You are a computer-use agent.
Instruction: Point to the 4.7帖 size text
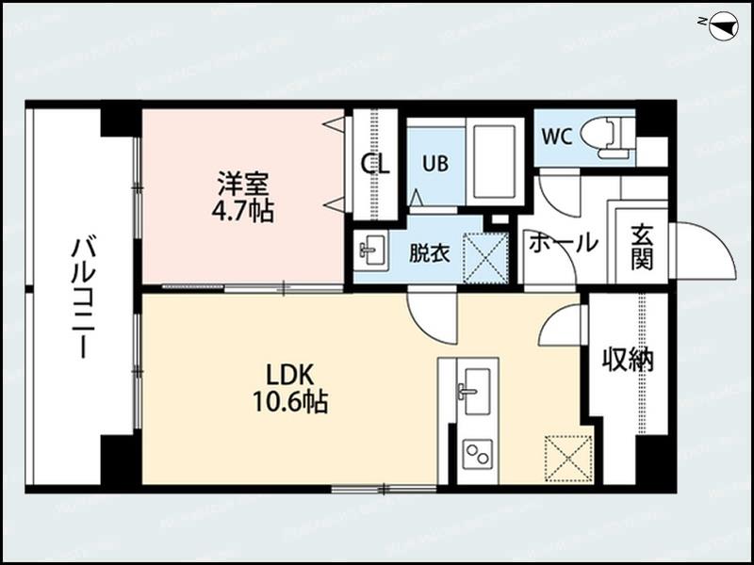click(242, 210)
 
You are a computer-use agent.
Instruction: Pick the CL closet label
click(375, 164)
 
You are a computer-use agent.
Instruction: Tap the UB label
click(434, 162)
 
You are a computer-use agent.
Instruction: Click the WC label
click(556, 135)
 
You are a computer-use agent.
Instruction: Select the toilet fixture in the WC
click(603, 137)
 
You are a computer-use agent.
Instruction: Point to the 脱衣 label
click(429, 253)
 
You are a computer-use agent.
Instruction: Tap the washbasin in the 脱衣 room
click(371, 251)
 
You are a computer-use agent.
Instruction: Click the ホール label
click(562, 242)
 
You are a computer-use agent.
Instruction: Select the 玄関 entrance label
click(642, 247)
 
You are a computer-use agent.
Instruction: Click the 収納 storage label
click(628, 359)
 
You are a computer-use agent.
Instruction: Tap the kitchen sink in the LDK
click(475, 388)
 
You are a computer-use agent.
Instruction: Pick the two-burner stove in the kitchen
click(476, 455)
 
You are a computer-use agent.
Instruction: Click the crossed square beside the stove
click(567, 457)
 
